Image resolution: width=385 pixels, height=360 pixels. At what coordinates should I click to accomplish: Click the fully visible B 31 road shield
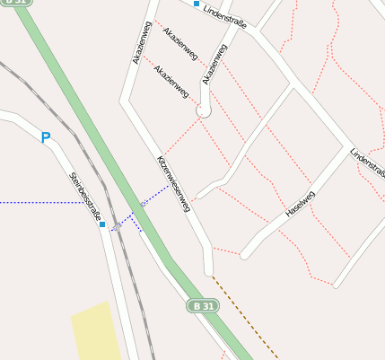click(203, 306)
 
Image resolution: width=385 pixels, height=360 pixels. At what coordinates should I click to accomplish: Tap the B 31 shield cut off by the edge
click(17, 3)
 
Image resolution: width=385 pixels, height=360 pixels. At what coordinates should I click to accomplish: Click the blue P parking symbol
click(46, 138)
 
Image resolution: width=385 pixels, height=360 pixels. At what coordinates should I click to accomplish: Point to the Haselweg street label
click(300, 205)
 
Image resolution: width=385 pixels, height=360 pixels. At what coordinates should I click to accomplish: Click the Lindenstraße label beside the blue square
click(225, 13)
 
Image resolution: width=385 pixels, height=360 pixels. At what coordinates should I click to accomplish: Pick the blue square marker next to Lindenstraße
click(196, 4)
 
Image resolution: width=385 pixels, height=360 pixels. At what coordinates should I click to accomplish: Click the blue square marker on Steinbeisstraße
click(102, 224)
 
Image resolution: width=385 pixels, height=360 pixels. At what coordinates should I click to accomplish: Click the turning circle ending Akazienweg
click(204, 111)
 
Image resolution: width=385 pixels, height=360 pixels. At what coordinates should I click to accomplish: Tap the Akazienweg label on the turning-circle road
click(215, 63)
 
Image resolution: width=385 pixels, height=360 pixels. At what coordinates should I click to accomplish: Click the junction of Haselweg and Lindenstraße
click(347, 145)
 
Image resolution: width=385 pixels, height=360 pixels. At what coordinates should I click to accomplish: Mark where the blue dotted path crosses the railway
click(120, 224)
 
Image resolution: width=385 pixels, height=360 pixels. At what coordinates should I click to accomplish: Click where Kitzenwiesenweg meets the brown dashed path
click(212, 272)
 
